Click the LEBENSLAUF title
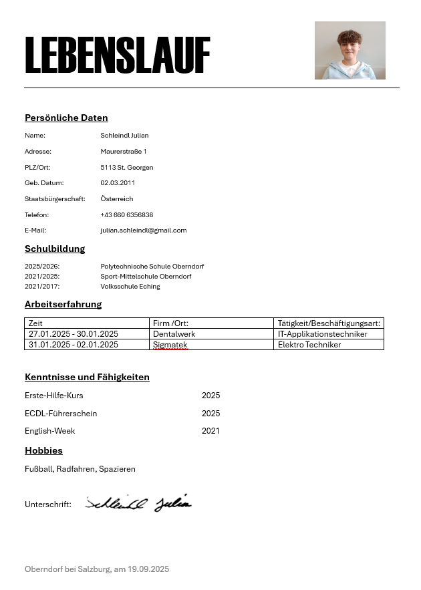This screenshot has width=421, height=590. [118, 55]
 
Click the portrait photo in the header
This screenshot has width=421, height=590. [349, 50]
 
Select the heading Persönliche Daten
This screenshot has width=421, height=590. [66, 118]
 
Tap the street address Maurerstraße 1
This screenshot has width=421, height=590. [124, 152]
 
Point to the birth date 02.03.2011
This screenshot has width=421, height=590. [118, 183]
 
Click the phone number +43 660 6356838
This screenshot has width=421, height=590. [127, 215]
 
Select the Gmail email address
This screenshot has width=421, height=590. [144, 231]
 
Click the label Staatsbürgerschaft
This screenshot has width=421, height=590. [55, 199]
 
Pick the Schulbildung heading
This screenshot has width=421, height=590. [55, 249]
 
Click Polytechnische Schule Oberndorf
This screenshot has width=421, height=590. [152, 267]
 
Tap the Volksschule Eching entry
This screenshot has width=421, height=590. [130, 287]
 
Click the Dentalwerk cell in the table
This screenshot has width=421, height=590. [174, 334]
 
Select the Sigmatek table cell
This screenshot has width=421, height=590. [170, 345]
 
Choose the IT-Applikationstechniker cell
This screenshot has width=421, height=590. [323, 334]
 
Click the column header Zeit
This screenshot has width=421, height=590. [35, 323]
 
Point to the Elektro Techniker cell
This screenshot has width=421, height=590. [309, 345]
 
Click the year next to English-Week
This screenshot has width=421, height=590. [210, 431]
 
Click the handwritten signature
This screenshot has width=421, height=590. [138, 503]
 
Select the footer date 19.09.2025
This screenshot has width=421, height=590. [148, 569]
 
